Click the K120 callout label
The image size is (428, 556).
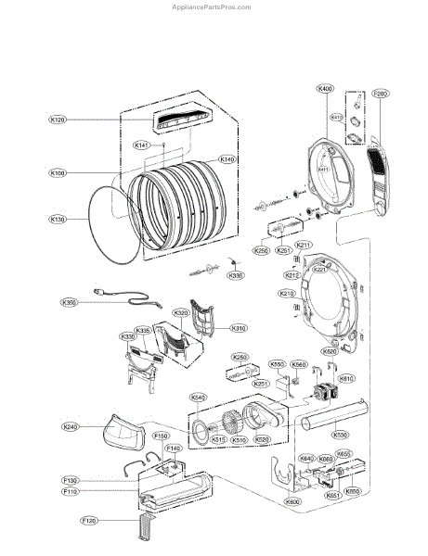(x=58, y=120)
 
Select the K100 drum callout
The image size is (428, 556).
(x=58, y=173)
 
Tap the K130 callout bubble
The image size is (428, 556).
(x=58, y=220)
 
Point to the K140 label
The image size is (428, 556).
(x=227, y=159)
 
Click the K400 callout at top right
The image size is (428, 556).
(x=324, y=88)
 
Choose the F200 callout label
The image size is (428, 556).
(x=380, y=94)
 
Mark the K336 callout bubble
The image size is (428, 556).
(x=236, y=275)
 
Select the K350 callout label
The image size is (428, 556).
(x=69, y=302)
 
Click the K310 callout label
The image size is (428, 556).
(x=239, y=328)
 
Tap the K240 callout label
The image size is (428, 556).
(x=71, y=426)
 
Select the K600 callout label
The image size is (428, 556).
(x=293, y=500)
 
